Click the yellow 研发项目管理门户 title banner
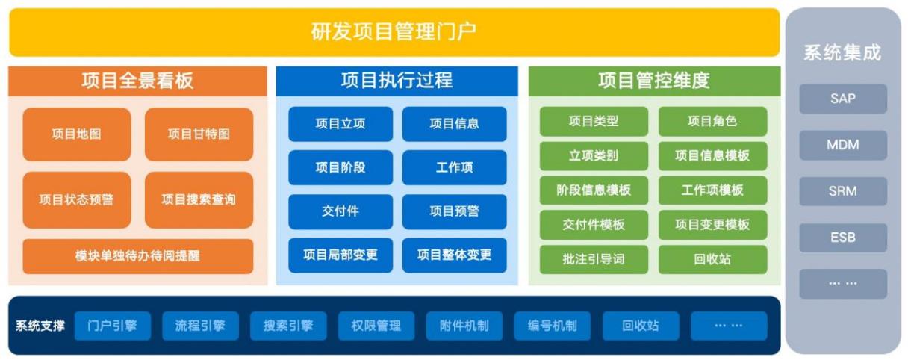point(394,32)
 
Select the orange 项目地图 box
point(76,134)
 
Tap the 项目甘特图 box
point(199,134)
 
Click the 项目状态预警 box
point(76,199)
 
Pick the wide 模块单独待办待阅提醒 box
point(137,256)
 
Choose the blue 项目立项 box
point(340,124)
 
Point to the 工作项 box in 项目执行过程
point(454,167)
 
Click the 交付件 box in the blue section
point(340,211)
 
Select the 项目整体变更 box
point(454,255)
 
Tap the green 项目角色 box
point(712,122)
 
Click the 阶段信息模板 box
point(594,190)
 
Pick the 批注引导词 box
point(594,259)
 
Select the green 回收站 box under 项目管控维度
point(712,259)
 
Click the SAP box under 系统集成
point(843,99)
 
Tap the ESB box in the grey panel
point(843,238)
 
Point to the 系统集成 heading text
point(842,53)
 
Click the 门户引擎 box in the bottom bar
point(112,326)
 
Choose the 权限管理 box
point(376,326)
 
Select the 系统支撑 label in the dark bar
point(40,326)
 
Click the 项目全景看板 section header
point(137,81)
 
